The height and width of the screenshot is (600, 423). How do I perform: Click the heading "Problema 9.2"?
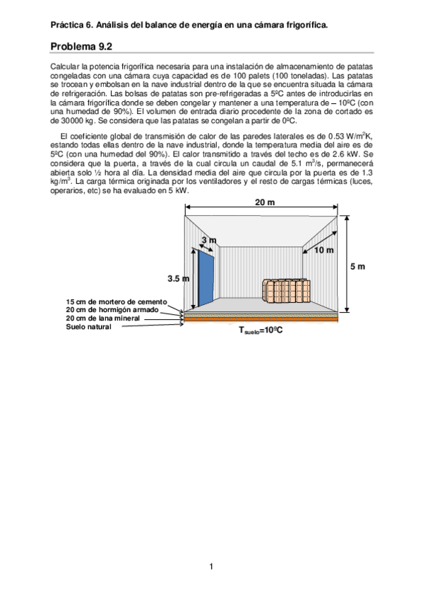[81, 47]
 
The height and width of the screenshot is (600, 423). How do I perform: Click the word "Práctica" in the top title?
[66, 25]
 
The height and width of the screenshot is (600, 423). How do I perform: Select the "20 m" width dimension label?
[265, 202]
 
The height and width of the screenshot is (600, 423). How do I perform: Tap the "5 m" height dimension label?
[358, 266]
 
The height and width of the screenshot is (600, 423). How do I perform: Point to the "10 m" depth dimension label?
[323, 250]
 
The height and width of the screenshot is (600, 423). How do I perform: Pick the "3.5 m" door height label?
[178, 278]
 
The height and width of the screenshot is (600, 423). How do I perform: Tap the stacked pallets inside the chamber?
[287, 289]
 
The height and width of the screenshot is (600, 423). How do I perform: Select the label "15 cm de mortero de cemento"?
[117, 302]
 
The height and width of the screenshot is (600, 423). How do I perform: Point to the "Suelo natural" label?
[88, 326]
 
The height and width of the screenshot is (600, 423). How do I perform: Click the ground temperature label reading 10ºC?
[261, 330]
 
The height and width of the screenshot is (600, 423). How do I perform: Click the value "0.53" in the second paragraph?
[329, 137]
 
